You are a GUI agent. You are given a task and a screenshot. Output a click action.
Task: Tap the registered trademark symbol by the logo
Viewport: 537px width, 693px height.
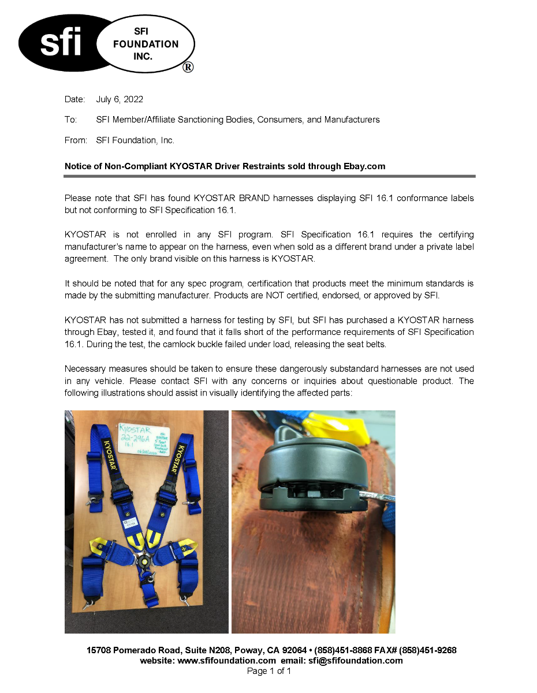pyautogui.click(x=188, y=67)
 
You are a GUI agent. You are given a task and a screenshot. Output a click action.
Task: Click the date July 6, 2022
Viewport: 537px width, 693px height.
pyautogui.click(x=120, y=99)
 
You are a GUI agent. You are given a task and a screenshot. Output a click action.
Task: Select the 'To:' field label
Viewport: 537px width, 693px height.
pyautogui.click(x=70, y=120)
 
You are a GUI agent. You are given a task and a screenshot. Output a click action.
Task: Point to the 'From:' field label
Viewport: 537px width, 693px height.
pyautogui.click(x=76, y=140)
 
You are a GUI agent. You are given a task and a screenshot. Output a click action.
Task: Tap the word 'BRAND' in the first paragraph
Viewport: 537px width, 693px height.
pyautogui.click(x=254, y=198)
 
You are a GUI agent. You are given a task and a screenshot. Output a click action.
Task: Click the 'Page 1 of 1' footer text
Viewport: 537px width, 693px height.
pyautogui.click(x=268, y=671)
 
